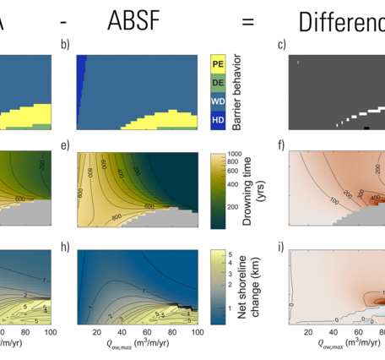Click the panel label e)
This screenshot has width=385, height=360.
click(64, 145)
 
